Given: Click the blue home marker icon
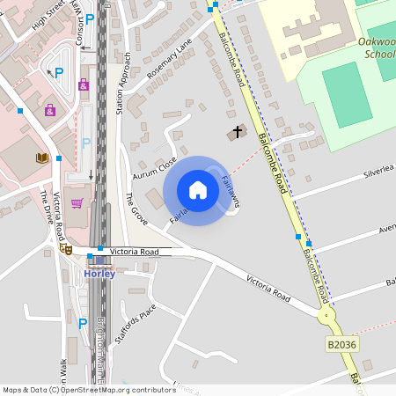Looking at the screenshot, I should (x=198, y=190).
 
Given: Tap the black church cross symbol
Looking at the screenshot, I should (x=236, y=133).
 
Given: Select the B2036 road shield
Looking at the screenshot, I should (x=341, y=345).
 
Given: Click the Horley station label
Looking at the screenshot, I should (x=99, y=273).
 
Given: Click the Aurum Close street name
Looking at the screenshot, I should (x=155, y=165).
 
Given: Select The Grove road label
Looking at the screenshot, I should (x=136, y=209).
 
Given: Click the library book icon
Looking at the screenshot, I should (x=41, y=158).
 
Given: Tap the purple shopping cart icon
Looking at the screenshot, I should (x=77, y=203).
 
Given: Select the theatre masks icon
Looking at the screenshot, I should (x=65, y=249).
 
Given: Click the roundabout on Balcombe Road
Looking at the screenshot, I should (x=327, y=315).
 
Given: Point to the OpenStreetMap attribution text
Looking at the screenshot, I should (x=89, y=389).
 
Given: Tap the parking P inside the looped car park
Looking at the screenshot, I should (x=59, y=73).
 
